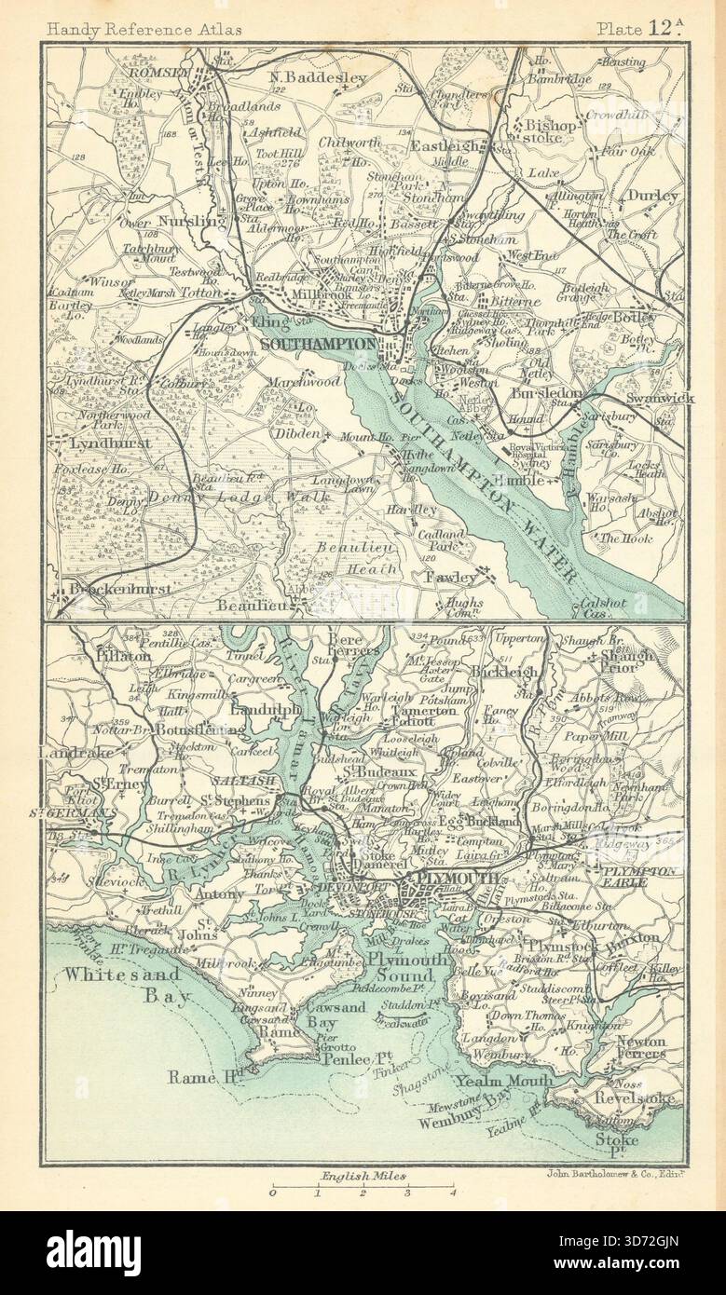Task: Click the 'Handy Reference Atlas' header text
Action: [x=144, y=29]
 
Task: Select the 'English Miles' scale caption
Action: [x=363, y=1178]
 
